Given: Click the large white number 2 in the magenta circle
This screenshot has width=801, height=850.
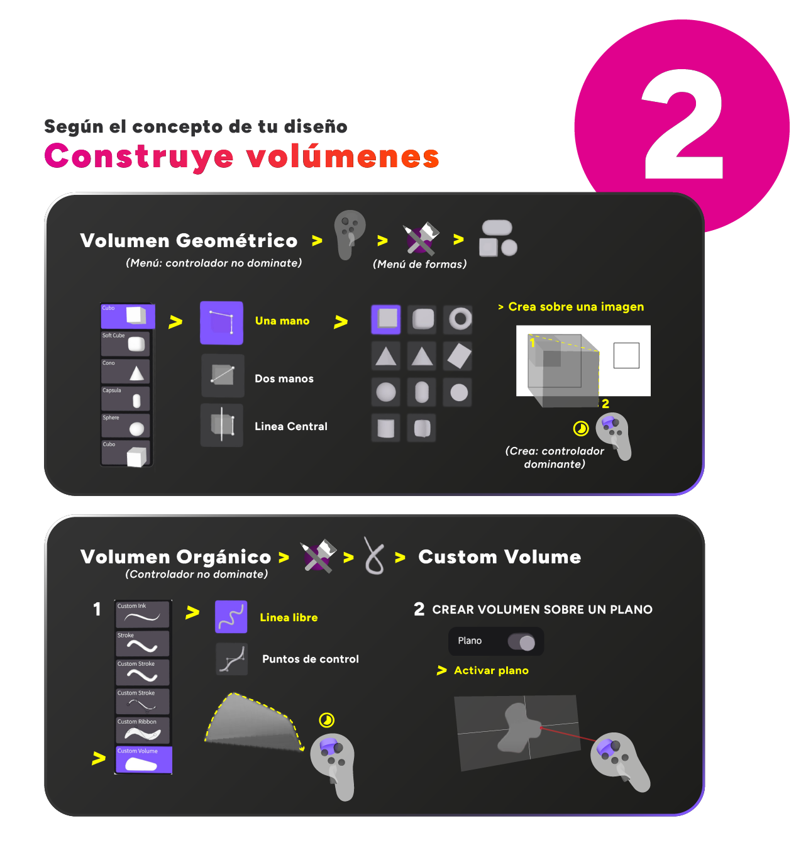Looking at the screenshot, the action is (x=683, y=124).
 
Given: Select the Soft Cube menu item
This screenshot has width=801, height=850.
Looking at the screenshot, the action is (x=126, y=343).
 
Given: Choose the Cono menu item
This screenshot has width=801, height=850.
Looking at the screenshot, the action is (x=126, y=371).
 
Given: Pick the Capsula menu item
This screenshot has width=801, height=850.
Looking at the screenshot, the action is (x=126, y=398).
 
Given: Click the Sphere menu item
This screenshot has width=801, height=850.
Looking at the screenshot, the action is (x=126, y=425).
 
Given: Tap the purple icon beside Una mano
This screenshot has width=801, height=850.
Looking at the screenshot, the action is (x=222, y=323).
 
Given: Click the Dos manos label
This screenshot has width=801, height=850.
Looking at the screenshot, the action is (x=284, y=378).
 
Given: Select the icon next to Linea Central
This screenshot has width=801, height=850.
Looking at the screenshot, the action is (x=222, y=425).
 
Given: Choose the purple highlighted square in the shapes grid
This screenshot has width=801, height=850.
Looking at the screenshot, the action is (x=386, y=319).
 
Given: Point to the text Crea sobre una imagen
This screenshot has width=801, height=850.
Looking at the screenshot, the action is (x=576, y=306).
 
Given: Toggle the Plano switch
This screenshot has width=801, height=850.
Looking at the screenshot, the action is (x=521, y=641).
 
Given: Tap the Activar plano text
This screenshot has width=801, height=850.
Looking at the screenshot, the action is (x=491, y=670).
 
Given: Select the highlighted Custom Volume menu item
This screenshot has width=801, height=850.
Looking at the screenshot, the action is (x=144, y=759).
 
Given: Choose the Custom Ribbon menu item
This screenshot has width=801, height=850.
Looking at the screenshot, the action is (x=143, y=730).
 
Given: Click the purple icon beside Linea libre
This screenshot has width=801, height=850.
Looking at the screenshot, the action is (x=231, y=616).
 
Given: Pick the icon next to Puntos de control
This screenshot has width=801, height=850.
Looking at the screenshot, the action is (x=231, y=659).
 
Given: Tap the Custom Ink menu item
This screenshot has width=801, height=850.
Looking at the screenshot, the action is (x=143, y=614).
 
